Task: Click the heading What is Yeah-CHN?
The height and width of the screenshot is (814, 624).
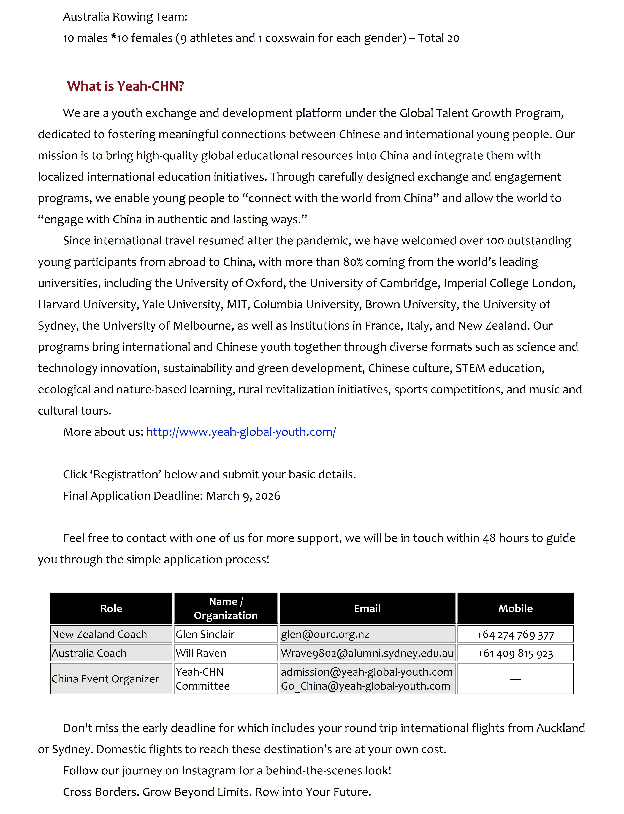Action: [x=126, y=86]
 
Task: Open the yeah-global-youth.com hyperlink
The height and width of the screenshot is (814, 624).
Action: [x=241, y=432]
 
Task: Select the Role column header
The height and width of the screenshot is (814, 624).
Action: [x=111, y=608]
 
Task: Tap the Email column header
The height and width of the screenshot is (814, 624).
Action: [x=367, y=608]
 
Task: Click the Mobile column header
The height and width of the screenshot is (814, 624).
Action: [x=515, y=608]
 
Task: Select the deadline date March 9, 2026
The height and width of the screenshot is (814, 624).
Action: [x=243, y=496]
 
